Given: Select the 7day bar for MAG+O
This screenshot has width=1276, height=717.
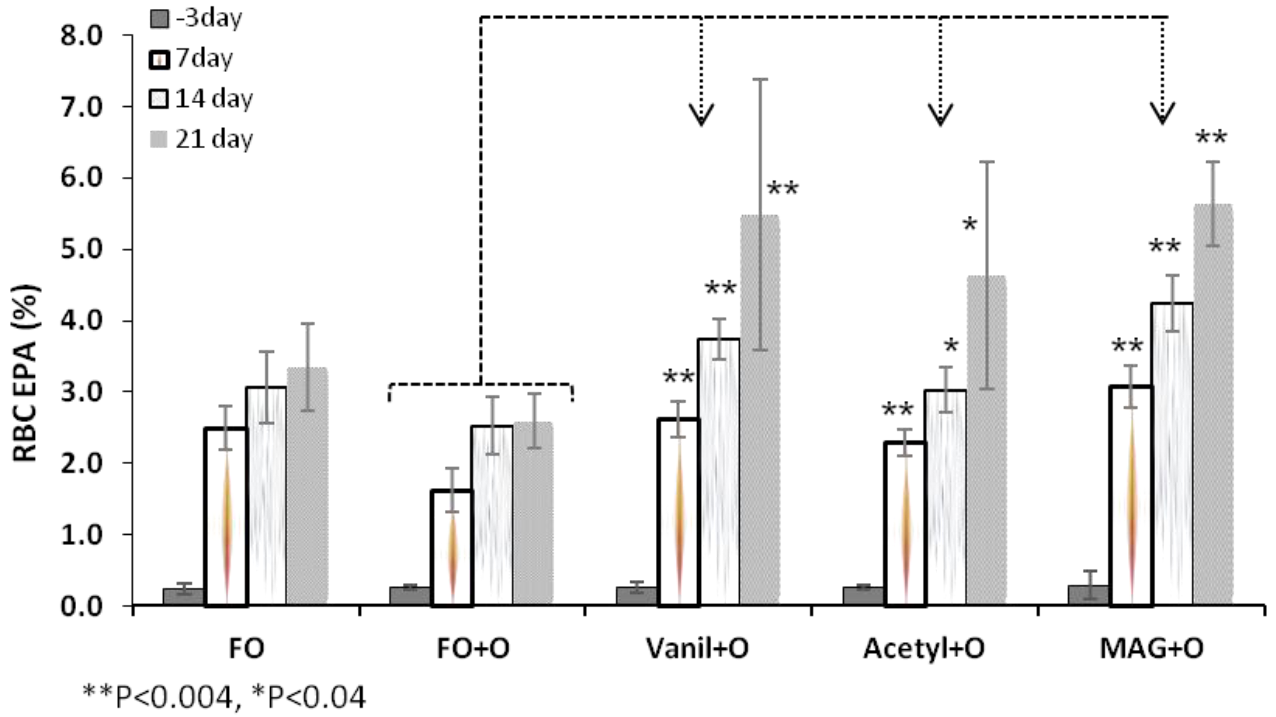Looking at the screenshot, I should [1132, 495].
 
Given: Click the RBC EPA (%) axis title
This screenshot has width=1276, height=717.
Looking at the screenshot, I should [26, 374].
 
